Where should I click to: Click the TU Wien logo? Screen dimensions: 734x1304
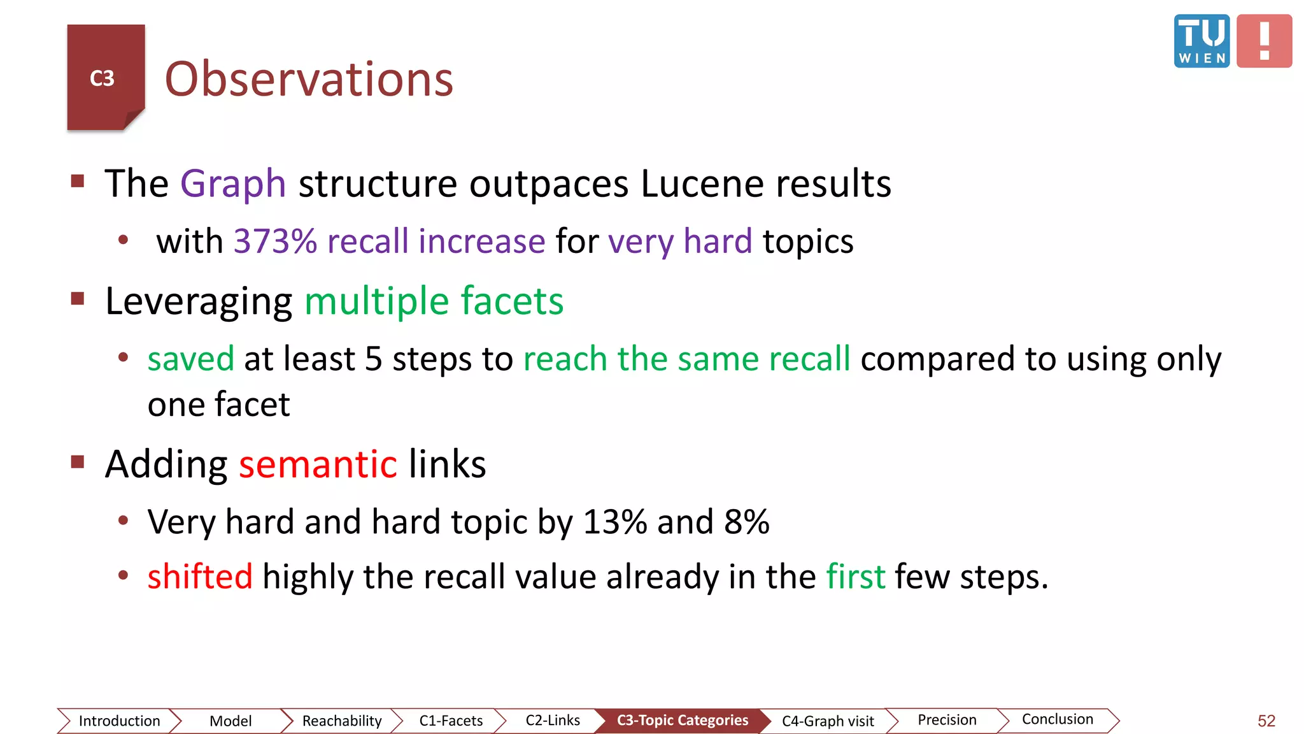click(1201, 41)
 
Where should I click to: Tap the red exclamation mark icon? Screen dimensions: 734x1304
click(1264, 41)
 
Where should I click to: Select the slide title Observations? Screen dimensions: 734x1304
click(309, 79)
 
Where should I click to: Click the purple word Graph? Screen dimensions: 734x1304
click(233, 183)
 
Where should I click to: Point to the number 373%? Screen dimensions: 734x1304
click(275, 241)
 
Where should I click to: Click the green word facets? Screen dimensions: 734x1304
click(512, 301)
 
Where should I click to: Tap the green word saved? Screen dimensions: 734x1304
click(190, 359)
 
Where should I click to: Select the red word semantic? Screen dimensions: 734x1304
click(318, 464)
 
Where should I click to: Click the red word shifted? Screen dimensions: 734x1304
click(200, 577)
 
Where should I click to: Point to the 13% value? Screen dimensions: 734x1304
click(615, 522)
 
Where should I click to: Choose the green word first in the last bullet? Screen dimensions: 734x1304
click(855, 577)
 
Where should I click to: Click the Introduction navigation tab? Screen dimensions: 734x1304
click(119, 721)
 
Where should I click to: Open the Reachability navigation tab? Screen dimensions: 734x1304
click(342, 721)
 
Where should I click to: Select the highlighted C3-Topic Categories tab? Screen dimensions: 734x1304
click(682, 720)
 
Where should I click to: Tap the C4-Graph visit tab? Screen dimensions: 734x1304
click(828, 721)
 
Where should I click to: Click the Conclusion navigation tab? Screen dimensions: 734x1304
click(1057, 719)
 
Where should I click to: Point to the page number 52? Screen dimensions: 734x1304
click(1266, 721)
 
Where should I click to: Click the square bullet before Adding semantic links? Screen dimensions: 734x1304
click(78, 461)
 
